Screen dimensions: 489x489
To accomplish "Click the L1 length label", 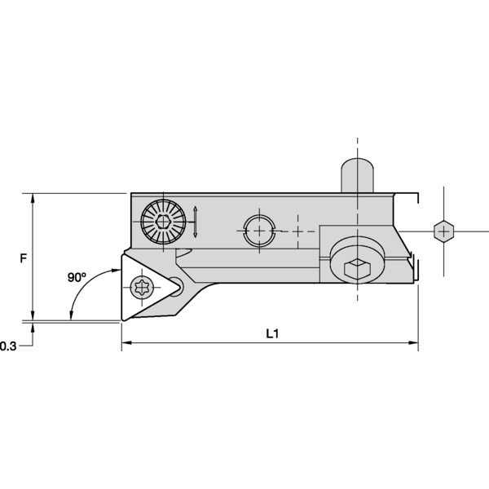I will [273, 333].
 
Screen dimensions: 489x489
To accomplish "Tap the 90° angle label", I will [77, 277].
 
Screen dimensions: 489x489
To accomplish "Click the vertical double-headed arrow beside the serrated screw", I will [196, 224].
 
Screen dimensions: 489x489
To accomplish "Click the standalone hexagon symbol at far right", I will [443, 231].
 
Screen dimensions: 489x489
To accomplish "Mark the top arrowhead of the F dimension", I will [33, 199].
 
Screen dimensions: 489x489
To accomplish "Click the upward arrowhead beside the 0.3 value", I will [33, 328].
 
